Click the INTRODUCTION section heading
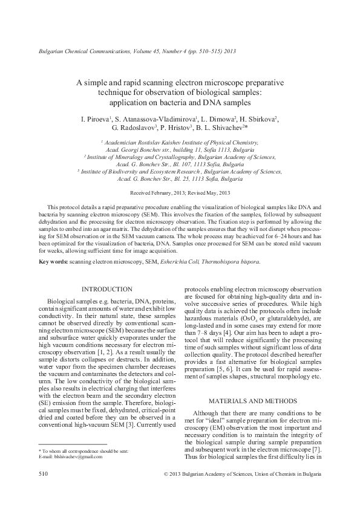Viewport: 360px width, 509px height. tap(106, 290)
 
